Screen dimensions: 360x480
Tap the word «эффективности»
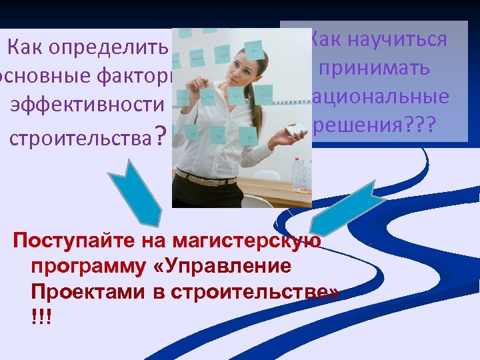[x=87, y=105]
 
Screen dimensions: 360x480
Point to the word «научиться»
[x=394, y=39]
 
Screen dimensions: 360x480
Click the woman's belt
[x=207, y=179]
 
